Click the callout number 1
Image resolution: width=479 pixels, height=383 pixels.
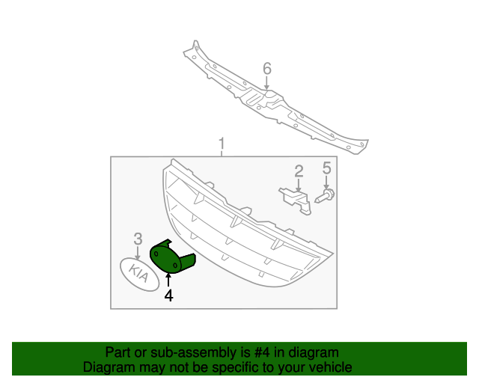pyautogui.click(x=222, y=143)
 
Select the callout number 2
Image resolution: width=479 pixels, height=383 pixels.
pyautogui.click(x=299, y=172)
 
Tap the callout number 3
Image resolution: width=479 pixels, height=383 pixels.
pyautogui.click(x=138, y=239)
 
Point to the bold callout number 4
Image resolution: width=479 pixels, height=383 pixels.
pyautogui.click(x=168, y=295)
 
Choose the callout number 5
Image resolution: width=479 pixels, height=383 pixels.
pyautogui.click(x=326, y=168)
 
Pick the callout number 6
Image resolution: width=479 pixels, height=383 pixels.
pyautogui.click(x=267, y=69)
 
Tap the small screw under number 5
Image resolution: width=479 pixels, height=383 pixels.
pyautogui.click(x=326, y=197)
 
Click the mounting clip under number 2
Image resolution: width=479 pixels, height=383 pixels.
pyautogui.click(x=295, y=199)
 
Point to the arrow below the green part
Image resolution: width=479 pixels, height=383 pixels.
pyautogui.click(x=168, y=281)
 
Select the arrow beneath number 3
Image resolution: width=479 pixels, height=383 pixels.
pyautogui.click(x=138, y=253)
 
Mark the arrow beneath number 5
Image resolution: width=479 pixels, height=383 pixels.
pyautogui.click(x=326, y=183)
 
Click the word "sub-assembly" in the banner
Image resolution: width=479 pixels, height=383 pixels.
pyautogui.click(x=177, y=352)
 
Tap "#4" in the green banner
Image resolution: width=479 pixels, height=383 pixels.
pyautogui.click(x=252, y=352)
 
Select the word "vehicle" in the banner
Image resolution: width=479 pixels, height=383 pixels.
pyautogui.click(x=330, y=367)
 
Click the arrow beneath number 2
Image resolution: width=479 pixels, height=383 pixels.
pyautogui.click(x=298, y=185)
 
